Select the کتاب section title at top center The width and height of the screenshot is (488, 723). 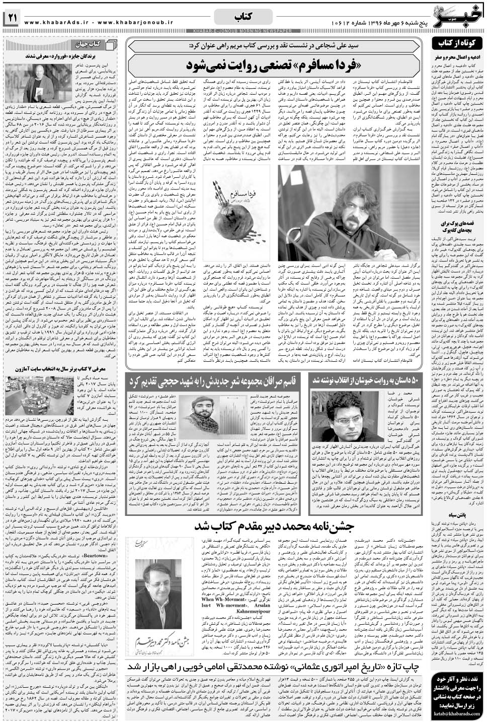pos(244,17)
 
